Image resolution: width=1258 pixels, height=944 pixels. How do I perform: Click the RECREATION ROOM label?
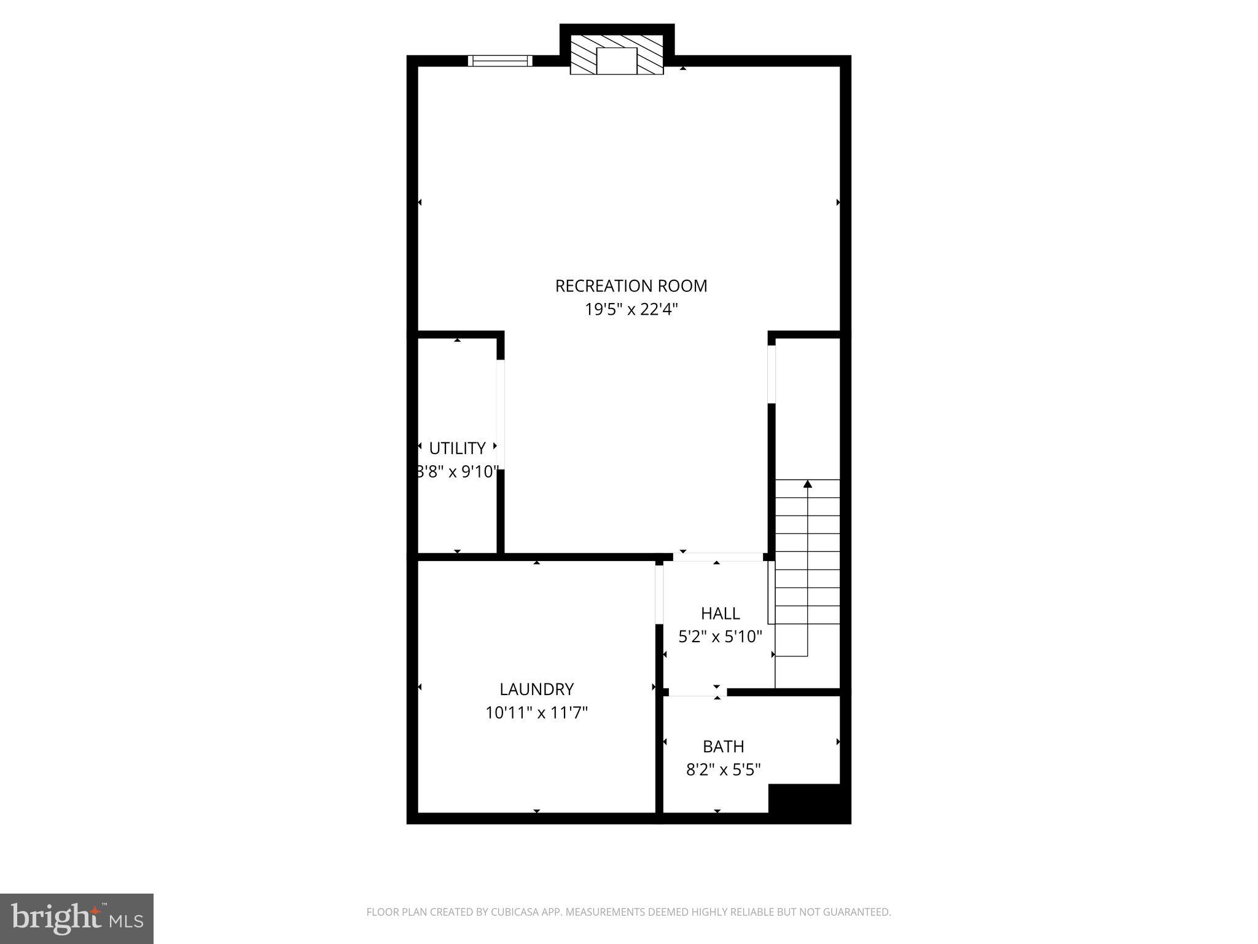pyautogui.click(x=631, y=286)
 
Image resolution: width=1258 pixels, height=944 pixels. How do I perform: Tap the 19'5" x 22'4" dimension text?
pyautogui.click(x=631, y=309)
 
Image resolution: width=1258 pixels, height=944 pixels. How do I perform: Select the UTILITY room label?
pyautogui.click(x=457, y=448)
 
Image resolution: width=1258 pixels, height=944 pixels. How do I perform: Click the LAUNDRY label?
pyautogui.click(x=536, y=689)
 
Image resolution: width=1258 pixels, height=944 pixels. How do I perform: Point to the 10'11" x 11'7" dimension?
pyautogui.click(x=536, y=713)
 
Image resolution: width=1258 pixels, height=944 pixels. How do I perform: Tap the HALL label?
pyautogui.click(x=720, y=613)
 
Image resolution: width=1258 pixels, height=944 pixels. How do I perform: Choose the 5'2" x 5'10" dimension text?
pyautogui.click(x=720, y=637)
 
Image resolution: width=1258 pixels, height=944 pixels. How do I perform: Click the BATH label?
pyautogui.click(x=723, y=746)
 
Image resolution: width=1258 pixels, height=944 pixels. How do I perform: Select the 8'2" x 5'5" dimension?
pyautogui.click(x=723, y=769)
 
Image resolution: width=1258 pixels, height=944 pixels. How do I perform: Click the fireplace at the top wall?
pyautogui.click(x=617, y=55)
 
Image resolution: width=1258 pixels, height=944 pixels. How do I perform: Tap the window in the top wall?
pyautogui.click(x=499, y=60)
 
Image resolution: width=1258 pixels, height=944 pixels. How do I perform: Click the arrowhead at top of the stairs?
pyautogui.click(x=807, y=484)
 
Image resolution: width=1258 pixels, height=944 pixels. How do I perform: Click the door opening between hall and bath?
pyautogui.click(x=697, y=693)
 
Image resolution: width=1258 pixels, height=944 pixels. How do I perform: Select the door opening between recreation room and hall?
pyautogui.click(x=717, y=557)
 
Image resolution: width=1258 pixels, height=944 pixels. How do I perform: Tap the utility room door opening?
pyautogui.click(x=501, y=414)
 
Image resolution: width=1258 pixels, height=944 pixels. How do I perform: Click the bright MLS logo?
pyautogui.click(x=76, y=918)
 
